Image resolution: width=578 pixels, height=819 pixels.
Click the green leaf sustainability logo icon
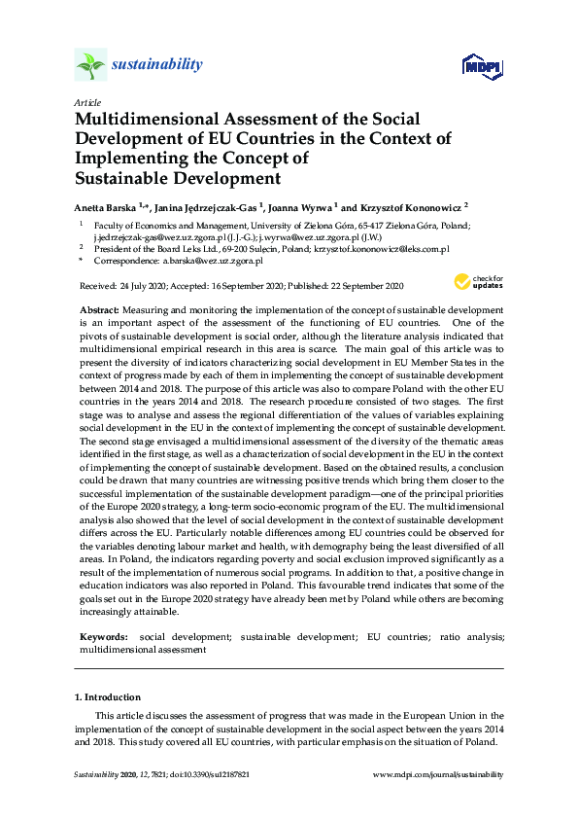tap(90, 65)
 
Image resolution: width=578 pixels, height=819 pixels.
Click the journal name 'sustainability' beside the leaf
tap(157, 65)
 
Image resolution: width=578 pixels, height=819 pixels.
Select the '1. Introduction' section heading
tap(107, 697)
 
